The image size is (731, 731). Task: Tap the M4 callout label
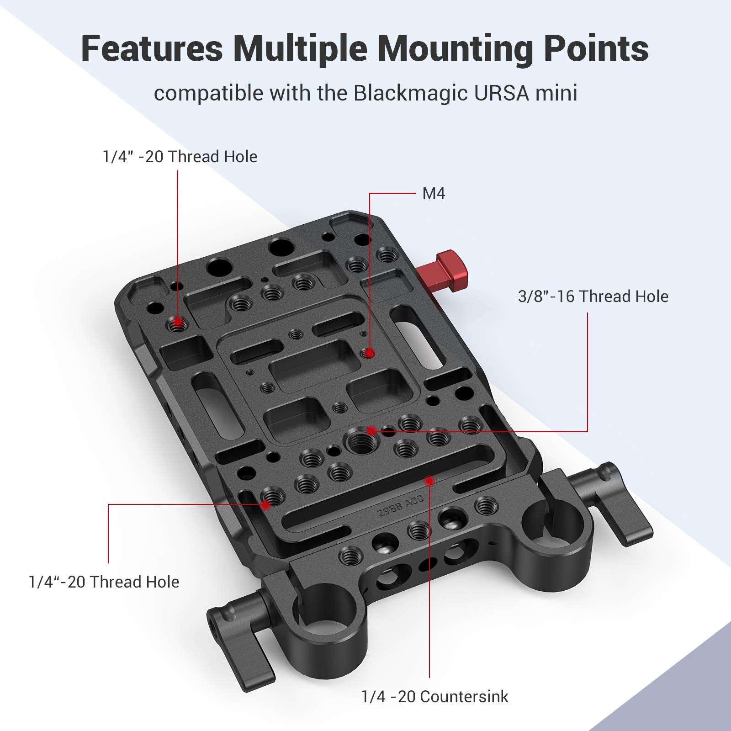pyautogui.click(x=434, y=194)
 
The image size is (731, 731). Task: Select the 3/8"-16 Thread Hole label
pyautogui.click(x=593, y=297)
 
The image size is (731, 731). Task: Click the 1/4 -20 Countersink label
pyautogui.click(x=434, y=696)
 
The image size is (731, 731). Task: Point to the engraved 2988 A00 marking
pyautogui.click(x=401, y=506)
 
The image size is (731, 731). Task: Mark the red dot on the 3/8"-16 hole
pyautogui.click(x=372, y=430)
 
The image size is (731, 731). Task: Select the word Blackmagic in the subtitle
pyautogui.click(x=410, y=93)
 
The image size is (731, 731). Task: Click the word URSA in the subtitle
pyautogui.click(x=499, y=93)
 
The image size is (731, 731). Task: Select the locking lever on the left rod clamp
pyautogui.click(x=247, y=640)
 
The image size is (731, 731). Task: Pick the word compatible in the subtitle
pyautogui.click(x=209, y=93)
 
